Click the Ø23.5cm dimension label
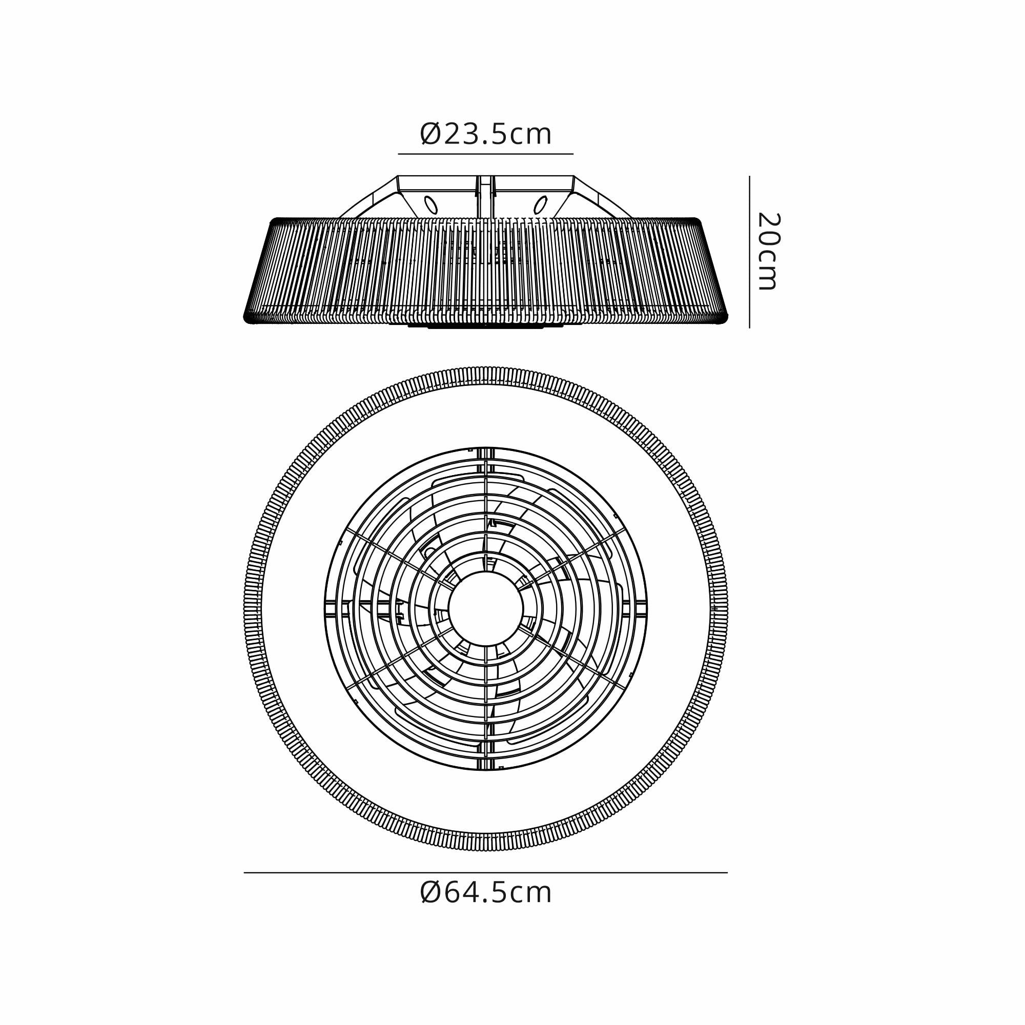485,135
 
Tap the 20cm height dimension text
767,252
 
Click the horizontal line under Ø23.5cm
485,154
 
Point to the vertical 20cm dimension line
749,252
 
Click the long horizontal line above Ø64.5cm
485,873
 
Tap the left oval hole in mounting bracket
431,205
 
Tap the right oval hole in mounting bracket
540,205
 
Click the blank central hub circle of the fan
485,608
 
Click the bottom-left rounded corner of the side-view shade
248,318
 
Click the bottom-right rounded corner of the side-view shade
723,318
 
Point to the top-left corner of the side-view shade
275,220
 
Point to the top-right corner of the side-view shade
696,220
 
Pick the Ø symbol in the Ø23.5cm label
430,135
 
